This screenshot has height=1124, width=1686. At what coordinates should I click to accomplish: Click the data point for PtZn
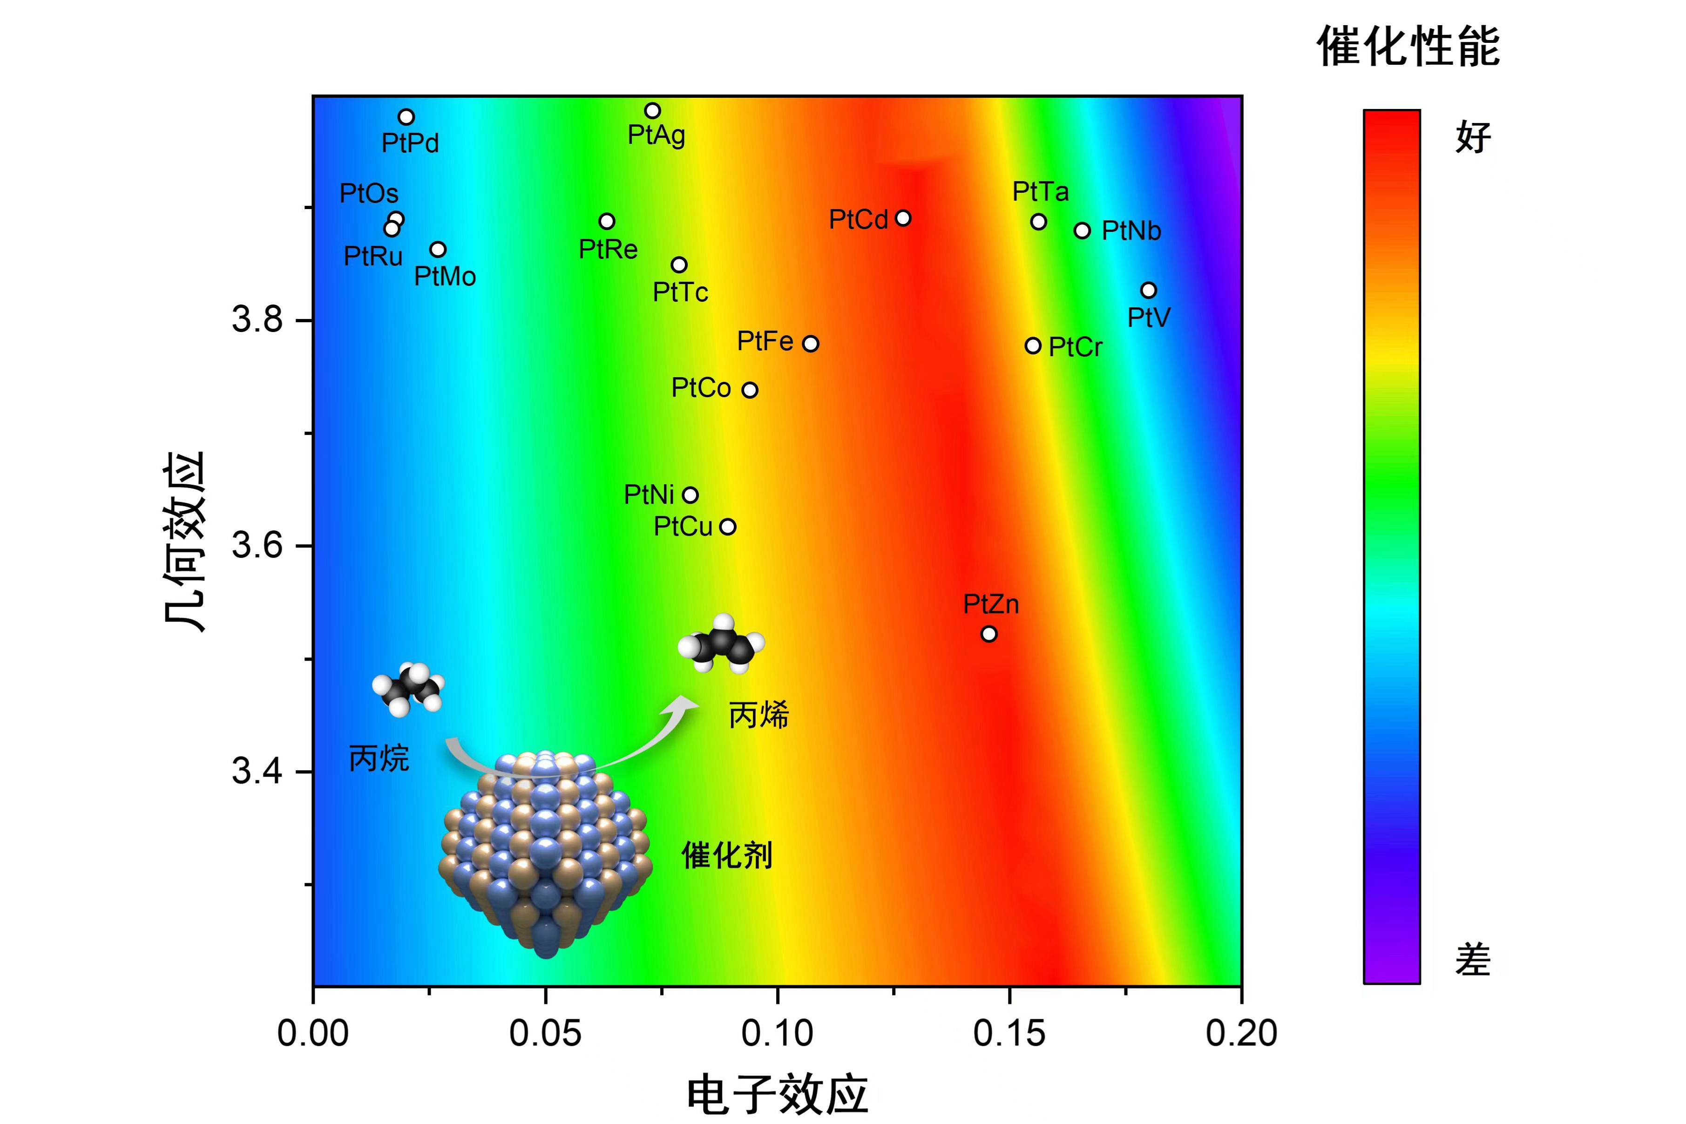(989, 634)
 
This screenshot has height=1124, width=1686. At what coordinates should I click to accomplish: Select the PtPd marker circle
(406, 117)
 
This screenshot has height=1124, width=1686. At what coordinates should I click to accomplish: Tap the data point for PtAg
(652, 110)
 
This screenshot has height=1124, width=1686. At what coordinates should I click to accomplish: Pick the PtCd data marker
(903, 218)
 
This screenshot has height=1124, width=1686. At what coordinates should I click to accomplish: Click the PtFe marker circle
(811, 343)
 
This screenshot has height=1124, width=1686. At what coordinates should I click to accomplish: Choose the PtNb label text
(1131, 231)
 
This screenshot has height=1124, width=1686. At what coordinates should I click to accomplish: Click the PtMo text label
(445, 277)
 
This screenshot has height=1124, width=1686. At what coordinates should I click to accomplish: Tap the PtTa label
(1040, 191)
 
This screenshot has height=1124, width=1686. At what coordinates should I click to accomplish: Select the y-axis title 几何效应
(184, 541)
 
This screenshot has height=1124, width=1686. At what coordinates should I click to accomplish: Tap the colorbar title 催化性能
(1408, 47)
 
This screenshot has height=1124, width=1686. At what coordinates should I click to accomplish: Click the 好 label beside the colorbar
(1473, 137)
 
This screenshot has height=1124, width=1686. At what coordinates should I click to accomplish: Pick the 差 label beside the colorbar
(1473, 960)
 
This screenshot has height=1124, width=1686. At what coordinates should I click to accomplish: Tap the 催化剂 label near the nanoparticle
(727, 855)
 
